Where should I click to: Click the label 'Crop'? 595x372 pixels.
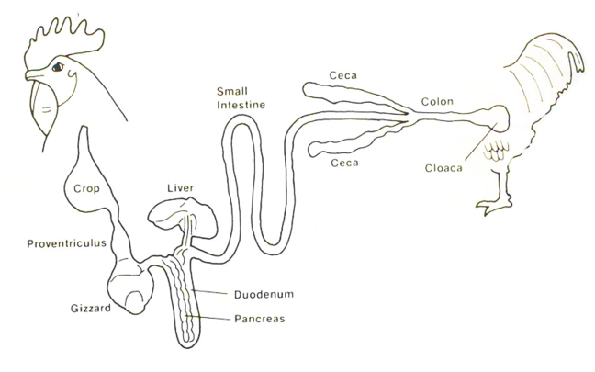point(85,190)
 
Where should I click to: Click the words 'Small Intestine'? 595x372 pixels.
point(241,98)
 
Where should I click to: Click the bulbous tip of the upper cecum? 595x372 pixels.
point(313,89)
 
